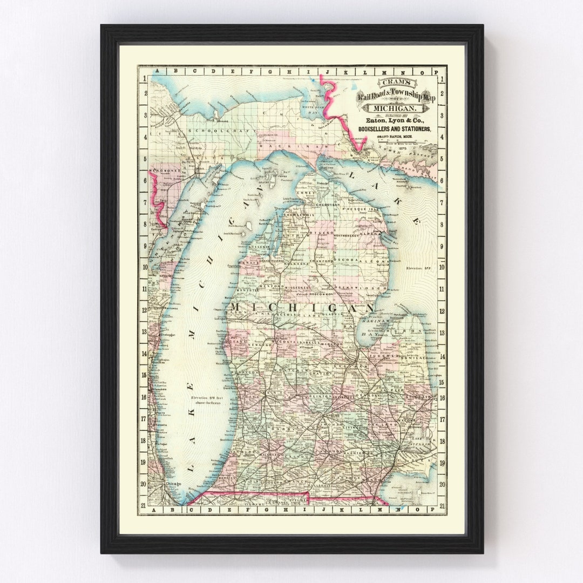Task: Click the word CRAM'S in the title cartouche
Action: [x=397, y=83]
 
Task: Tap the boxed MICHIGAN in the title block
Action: [x=396, y=109]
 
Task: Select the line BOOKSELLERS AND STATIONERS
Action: [x=394, y=129]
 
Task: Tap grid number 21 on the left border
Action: [x=144, y=506]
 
